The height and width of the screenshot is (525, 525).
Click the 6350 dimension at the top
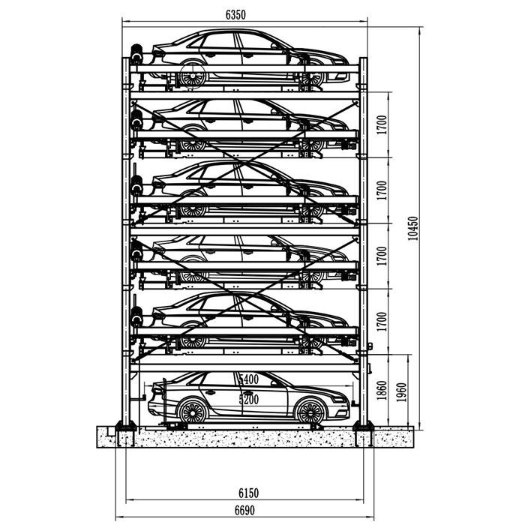tap(235, 15)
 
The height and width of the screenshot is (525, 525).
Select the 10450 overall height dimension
tap(413, 228)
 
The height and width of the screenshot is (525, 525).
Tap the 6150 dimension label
tap(249, 493)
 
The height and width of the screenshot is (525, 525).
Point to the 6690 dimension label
tap(244, 510)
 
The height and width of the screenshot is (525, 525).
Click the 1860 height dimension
tap(382, 391)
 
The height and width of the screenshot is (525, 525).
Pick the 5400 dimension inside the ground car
tap(249, 379)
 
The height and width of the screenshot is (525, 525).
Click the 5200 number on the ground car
tap(249, 400)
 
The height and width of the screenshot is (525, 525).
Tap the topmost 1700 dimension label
tap(382, 125)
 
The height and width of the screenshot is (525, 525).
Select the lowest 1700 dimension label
tap(382, 322)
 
